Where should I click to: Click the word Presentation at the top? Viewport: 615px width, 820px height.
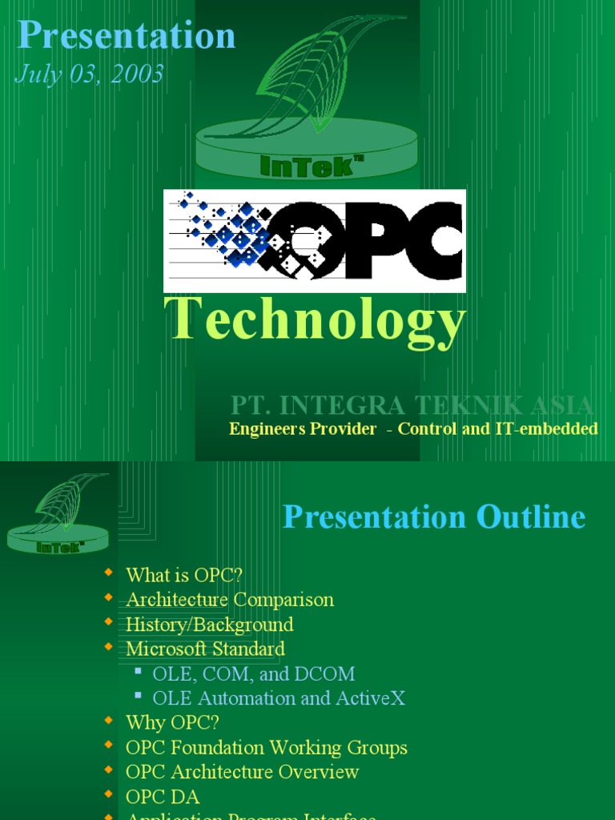click(127, 36)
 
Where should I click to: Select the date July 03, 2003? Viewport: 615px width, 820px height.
click(89, 74)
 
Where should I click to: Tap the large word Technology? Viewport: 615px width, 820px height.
click(315, 319)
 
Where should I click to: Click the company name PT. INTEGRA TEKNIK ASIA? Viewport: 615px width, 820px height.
click(412, 405)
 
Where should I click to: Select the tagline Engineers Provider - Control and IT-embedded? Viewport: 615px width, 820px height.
click(413, 429)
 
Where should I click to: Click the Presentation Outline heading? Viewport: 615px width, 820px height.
click(434, 517)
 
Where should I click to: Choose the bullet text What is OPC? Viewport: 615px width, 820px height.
click(184, 575)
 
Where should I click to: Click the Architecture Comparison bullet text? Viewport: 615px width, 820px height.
click(230, 600)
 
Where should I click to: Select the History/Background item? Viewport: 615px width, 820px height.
click(210, 625)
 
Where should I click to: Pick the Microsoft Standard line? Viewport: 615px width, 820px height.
click(205, 649)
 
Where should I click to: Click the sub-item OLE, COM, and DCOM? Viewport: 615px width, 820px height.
click(254, 673)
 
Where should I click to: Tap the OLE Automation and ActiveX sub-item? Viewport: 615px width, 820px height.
click(279, 698)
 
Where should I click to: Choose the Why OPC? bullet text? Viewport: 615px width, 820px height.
click(172, 723)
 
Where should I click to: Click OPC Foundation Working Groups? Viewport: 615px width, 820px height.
click(267, 748)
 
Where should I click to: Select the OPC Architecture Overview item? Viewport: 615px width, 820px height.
click(242, 773)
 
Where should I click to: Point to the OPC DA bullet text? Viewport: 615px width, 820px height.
click(163, 798)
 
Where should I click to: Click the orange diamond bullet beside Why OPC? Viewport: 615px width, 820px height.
click(109, 722)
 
